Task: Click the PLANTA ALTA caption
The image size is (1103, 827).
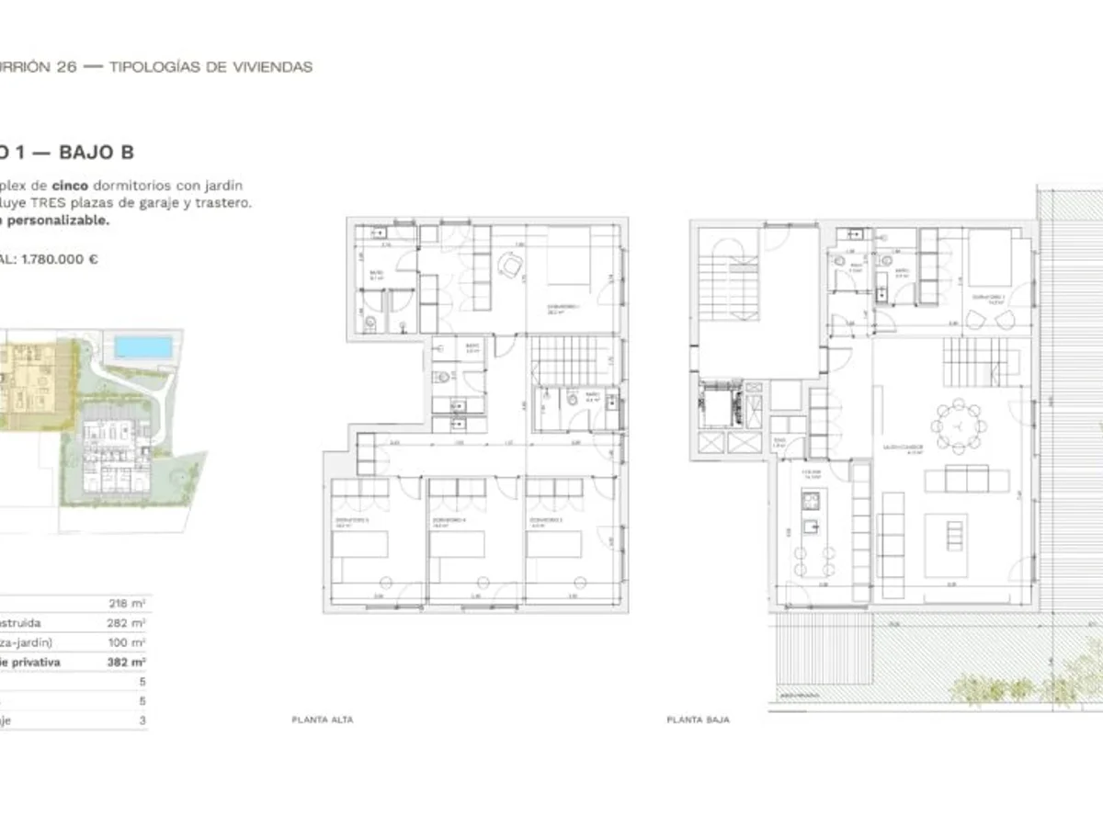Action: pos(322,720)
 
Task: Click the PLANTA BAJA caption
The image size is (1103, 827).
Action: pos(698,720)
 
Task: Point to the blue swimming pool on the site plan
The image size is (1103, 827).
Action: pos(142,347)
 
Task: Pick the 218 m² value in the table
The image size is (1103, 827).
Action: pos(127,604)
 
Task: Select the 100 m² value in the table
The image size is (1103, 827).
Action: pos(127,642)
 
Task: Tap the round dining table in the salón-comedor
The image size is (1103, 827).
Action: pos(956,425)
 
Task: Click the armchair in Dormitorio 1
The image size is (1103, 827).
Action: pos(509,267)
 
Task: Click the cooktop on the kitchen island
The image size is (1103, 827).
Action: pos(810,501)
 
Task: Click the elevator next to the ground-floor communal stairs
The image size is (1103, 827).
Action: pos(727,405)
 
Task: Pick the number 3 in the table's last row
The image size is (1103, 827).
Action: pos(142,720)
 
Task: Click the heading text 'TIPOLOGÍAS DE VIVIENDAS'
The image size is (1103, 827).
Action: pos(210,67)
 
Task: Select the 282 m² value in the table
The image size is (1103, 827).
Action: pos(127,623)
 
